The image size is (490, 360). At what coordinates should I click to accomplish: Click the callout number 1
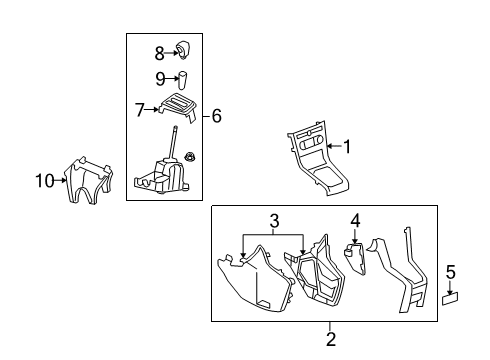[x=347, y=147]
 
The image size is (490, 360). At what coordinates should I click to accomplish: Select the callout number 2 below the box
[x=330, y=339]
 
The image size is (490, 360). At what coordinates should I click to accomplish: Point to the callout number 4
[x=355, y=221]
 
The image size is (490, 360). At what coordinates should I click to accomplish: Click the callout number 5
[x=451, y=271]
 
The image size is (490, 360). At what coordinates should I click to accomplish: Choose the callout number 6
[x=216, y=117]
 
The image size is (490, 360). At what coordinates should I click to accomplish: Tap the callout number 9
[x=160, y=79]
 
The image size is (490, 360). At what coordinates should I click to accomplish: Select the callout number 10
[x=44, y=181]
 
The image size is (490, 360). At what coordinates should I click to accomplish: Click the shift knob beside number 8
[x=184, y=49]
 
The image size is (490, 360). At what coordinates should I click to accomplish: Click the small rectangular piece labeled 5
[x=450, y=297]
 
